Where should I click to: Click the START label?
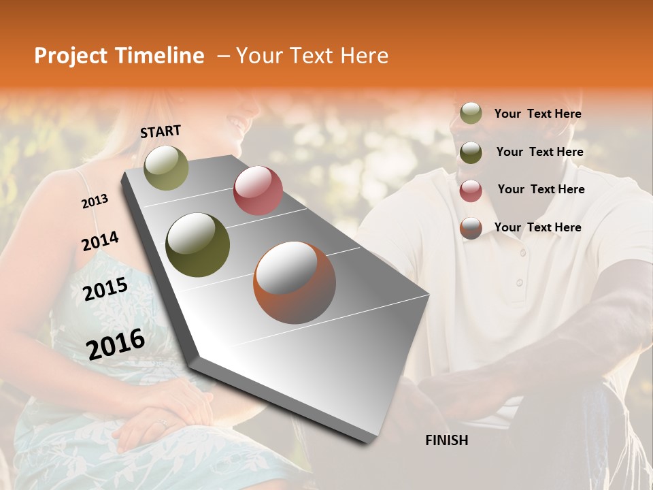(161, 131)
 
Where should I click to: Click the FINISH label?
(447, 440)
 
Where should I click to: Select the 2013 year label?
(95, 201)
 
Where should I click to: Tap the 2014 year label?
(100, 242)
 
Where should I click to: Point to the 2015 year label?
(105, 289)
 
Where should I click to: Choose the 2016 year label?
(116, 343)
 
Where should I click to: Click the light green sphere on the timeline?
(166, 167)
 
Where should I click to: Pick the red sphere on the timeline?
(258, 191)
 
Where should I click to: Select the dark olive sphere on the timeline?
(198, 245)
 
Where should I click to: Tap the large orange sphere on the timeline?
(295, 282)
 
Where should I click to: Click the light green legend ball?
(471, 114)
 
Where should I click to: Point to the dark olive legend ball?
(471, 152)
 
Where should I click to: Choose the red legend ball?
(471, 191)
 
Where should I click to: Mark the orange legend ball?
(471, 228)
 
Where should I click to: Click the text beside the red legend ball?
(541, 189)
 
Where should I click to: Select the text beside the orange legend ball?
(537, 227)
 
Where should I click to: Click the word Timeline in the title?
(160, 56)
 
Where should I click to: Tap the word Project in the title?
(71, 56)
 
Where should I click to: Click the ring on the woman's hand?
(162, 423)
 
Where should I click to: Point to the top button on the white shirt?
(522, 253)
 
